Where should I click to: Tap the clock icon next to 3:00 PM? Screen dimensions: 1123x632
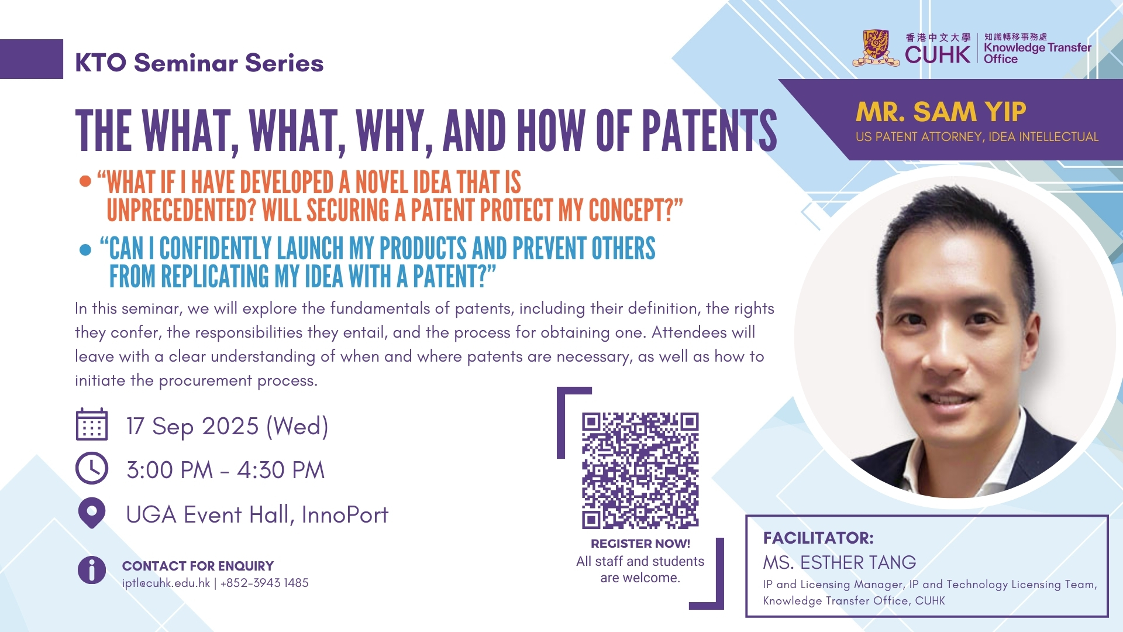(92, 468)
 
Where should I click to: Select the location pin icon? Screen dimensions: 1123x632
(92, 513)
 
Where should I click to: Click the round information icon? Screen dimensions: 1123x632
(92, 570)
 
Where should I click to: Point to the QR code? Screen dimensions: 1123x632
(640, 471)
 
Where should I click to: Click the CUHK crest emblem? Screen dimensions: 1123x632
(876, 48)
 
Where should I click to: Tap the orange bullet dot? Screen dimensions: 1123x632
(85, 181)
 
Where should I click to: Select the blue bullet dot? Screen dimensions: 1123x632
(85, 250)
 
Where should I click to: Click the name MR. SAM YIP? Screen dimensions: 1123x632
(941, 112)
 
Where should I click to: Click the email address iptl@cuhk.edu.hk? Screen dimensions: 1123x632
(166, 583)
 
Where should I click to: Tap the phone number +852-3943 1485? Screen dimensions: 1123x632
(264, 583)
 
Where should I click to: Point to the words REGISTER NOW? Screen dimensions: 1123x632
(640, 544)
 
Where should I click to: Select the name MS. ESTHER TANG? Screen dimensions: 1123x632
(839, 562)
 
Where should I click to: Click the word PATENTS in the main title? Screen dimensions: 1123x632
(710, 130)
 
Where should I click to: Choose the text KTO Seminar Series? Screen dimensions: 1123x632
(199, 63)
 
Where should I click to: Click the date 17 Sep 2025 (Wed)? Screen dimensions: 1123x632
(228, 427)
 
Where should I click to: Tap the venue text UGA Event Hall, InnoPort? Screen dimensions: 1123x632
(257, 515)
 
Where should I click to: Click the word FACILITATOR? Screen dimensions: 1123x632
(818, 538)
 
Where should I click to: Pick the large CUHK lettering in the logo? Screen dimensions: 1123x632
(938, 55)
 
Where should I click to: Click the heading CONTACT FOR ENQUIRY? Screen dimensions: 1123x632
(198, 566)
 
